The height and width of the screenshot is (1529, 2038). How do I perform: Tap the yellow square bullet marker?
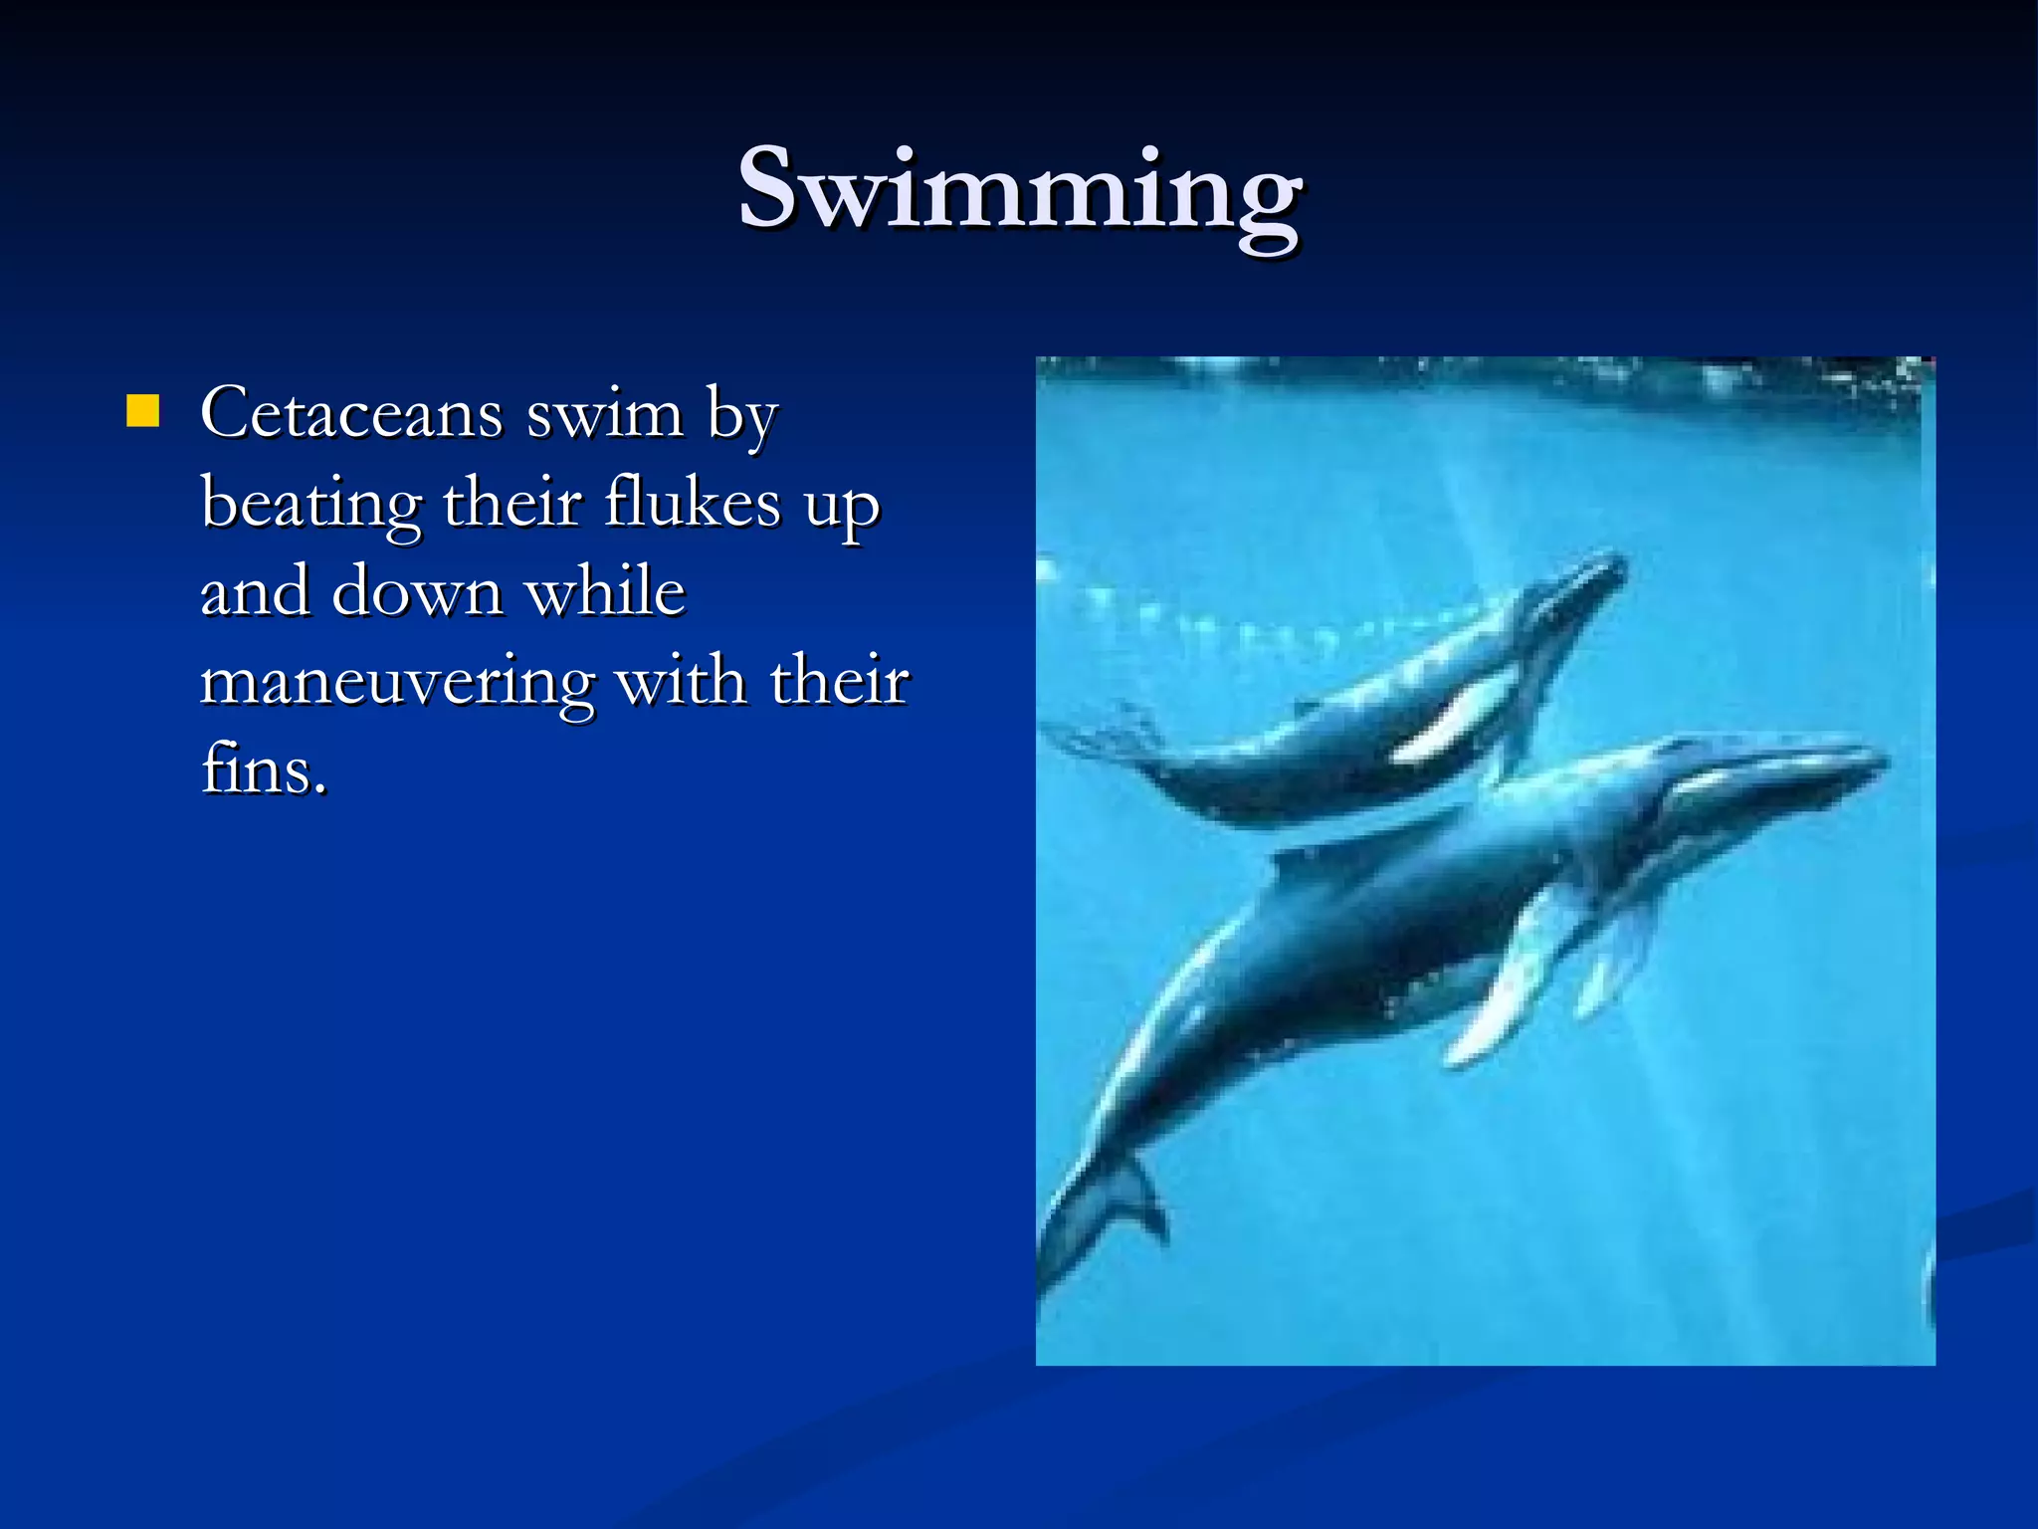(x=143, y=411)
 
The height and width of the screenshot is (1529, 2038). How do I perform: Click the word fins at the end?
(x=263, y=768)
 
